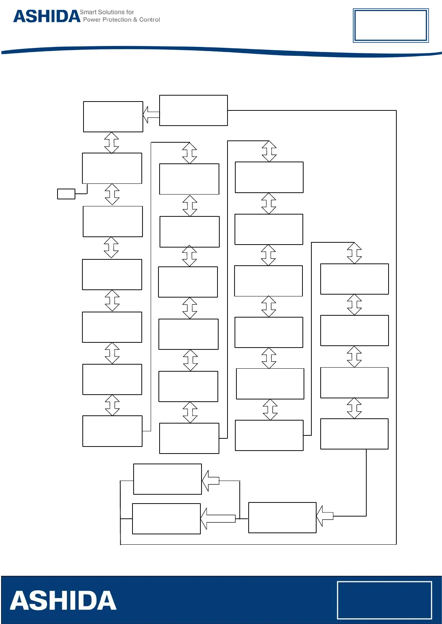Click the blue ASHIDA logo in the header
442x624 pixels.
tap(47, 16)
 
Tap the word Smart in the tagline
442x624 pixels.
tap(88, 12)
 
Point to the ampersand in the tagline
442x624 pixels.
tap(135, 20)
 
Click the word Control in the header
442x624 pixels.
tap(150, 20)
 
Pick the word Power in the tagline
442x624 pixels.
tap(92, 20)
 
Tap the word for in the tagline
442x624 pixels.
tap(130, 12)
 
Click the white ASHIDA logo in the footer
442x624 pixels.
tap(63, 601)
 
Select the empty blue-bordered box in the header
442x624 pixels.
tap(390, 26)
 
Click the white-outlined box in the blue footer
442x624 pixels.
tap(384, 600)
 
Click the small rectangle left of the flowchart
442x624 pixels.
tap(66, 194)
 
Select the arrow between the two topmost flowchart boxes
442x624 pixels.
tap(151, 115)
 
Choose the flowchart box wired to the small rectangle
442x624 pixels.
tap(112, 168)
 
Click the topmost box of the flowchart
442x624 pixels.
tap(193, 110)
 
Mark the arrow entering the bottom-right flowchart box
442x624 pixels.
tap(325, 516)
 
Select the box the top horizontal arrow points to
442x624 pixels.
tap(113, 117)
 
